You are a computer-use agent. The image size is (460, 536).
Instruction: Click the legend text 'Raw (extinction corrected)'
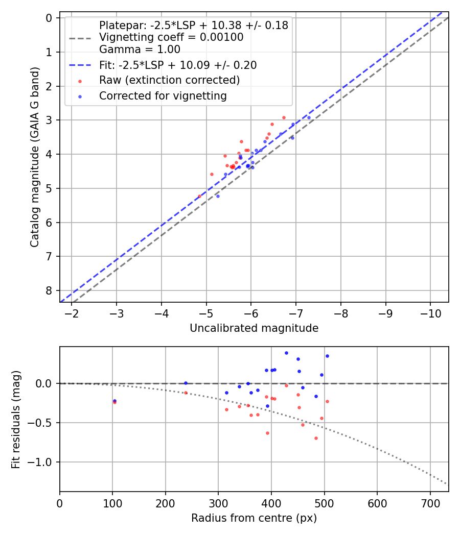tap(169, 80)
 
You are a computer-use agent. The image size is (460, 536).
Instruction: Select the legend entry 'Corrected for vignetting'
tap(163, 95)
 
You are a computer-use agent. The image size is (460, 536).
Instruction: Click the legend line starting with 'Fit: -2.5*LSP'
tap(178, 65)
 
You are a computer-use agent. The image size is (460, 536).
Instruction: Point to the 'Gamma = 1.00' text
tap(140, 50)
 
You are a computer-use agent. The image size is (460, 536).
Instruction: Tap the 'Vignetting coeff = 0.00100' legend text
tap(171, 37)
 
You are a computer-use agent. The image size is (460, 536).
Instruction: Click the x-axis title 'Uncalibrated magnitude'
tap(254, 328)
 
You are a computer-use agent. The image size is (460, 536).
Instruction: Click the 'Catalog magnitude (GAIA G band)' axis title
tap(35, 160)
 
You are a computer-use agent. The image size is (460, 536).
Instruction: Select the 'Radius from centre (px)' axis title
tap(254, 518)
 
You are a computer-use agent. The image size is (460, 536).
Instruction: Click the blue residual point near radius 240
tap(186, 383)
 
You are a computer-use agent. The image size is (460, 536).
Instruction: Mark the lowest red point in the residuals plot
tap(316, 438)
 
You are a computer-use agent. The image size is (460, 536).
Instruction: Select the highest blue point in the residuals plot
tap(286, 353)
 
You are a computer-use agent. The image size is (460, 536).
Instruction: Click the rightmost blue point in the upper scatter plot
tap(309, 117)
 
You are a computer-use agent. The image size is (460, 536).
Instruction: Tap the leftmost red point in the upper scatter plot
tap(199, 196)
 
